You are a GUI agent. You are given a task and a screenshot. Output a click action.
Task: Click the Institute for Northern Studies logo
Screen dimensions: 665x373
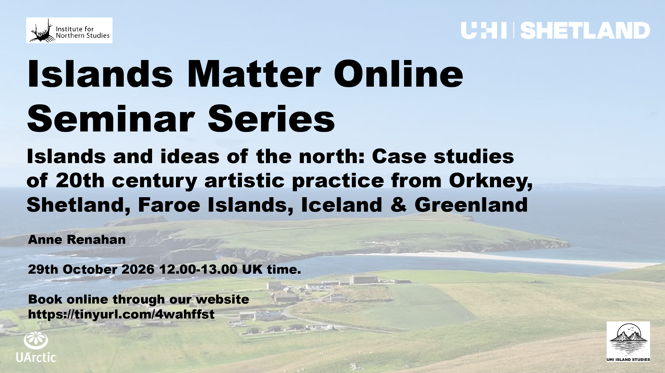point(69,30)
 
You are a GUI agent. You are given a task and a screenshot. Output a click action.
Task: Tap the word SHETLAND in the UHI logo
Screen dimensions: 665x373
point(585,30)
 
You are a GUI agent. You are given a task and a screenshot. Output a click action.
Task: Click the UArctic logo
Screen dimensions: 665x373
point(36,347)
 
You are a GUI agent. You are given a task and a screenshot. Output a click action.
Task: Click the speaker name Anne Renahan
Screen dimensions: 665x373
point(77,239)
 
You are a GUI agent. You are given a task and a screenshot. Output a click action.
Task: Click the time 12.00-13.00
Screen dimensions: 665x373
point(198,269)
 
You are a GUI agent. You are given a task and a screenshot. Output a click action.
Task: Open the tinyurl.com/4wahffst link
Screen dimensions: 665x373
point(121,314)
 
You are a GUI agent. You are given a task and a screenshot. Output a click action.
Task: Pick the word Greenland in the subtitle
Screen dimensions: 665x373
point(471,205)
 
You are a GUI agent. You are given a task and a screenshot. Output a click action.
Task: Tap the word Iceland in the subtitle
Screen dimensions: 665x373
point(341,205)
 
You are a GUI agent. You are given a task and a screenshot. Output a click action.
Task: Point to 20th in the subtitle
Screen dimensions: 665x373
point(80,180)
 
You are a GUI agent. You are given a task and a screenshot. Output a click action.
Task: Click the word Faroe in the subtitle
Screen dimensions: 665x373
point(169,205)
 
